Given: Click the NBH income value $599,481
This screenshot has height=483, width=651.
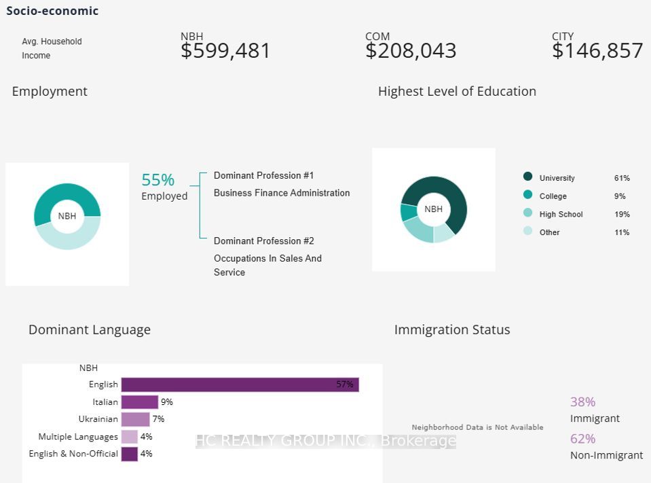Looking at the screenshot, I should click(225, 51).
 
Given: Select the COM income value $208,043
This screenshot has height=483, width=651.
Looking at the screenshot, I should click(411, 51).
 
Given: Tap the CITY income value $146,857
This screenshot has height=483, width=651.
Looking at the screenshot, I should click(597, 51).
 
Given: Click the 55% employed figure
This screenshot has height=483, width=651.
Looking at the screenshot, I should click(158, 180).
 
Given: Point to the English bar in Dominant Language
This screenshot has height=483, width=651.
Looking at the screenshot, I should click(240, 384).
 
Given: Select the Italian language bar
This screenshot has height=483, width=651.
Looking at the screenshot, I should click(139, 402).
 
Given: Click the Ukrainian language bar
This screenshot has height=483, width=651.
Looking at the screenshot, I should click(135, 419).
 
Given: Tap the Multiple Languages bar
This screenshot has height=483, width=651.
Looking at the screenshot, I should click(129, 437).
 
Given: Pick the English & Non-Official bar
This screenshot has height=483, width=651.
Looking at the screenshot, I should click(129, 454).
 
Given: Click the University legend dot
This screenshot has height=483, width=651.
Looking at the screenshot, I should click(528, 177).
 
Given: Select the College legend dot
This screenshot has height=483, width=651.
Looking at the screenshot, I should click(528, 195).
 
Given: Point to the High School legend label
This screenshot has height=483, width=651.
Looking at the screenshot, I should click(561, 214).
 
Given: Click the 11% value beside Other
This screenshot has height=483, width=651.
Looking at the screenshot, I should click(622, 232).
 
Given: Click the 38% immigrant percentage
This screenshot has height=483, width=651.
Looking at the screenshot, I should click(582, 402).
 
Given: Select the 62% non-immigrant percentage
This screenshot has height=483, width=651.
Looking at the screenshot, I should click(582, 439).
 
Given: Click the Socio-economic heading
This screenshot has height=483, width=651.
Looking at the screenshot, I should click(52, 11).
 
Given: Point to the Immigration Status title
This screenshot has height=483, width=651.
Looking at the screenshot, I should click(452, 329).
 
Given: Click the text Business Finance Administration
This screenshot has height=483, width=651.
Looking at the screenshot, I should click(282, 193).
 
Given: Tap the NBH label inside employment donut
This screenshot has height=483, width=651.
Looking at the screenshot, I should click(67, 216).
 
